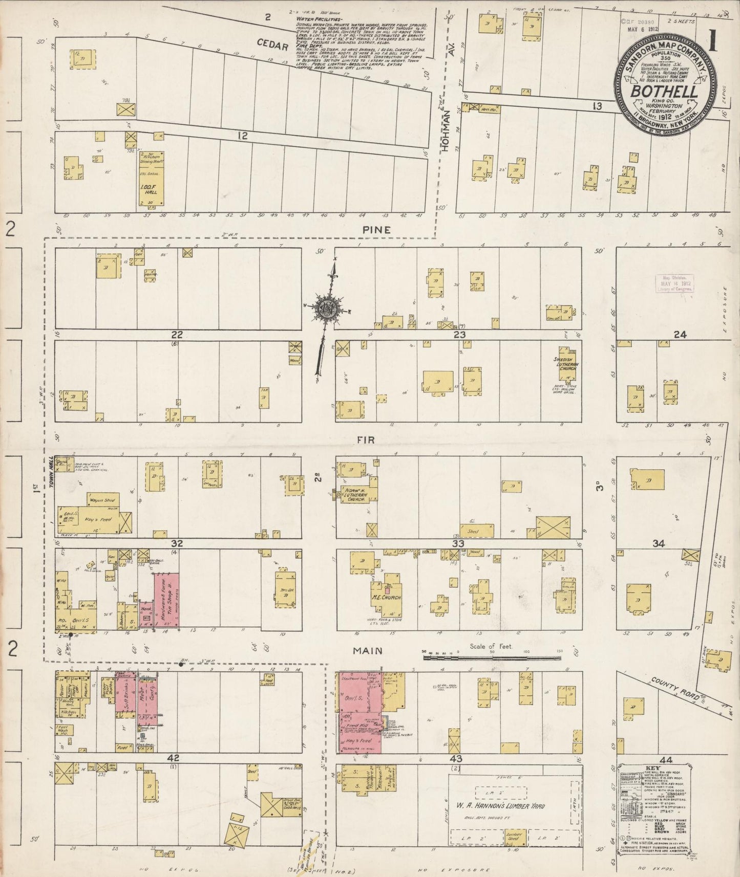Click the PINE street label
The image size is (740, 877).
click(x=376, y=230)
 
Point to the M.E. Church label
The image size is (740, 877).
click(x=387, y=597)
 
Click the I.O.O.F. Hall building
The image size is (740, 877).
click(x=152, y=179)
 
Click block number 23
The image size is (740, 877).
click(x=458, y=335)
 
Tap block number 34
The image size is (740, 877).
click(x=659, y=543)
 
